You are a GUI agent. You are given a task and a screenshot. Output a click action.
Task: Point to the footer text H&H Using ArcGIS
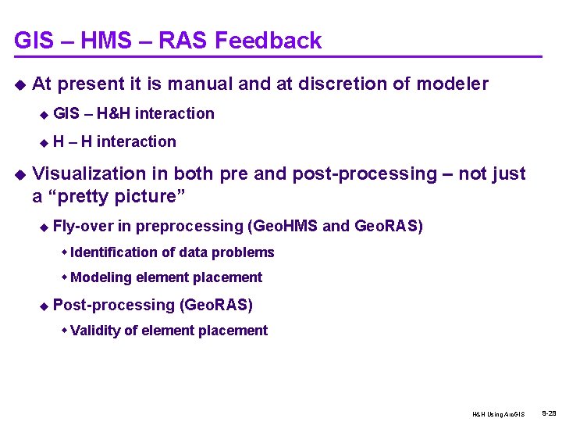pos(499,413)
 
